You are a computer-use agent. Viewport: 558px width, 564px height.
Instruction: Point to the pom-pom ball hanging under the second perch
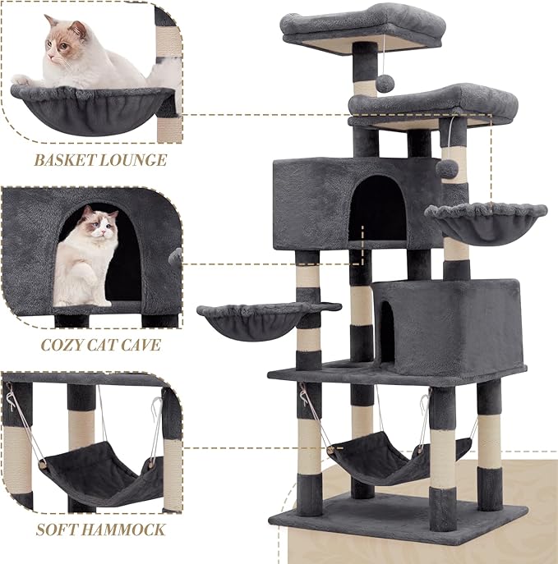(448, 167)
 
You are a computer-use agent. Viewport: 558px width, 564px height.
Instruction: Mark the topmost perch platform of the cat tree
(362, 26)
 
